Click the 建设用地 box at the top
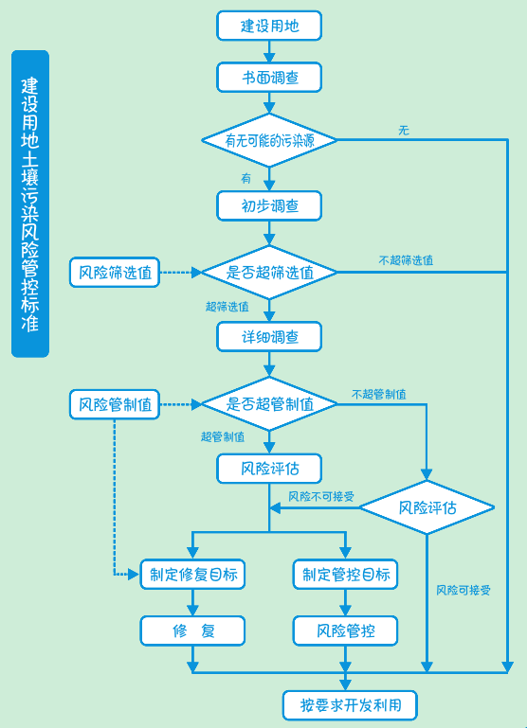[269, 26]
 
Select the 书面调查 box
[269, 78]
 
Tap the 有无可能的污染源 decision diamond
[269, 140]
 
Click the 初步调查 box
[269, 205]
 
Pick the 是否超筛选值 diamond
[269, 273]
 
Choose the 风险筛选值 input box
[114, 273]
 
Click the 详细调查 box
[269, 336]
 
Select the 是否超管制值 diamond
[269, 404]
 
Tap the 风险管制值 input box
[114, 404]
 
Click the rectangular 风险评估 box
[269, 469]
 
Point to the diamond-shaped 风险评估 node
[427, 508]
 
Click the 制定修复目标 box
[193, 574]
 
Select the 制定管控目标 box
[345, 574]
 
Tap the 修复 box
[193, 630]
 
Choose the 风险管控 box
[345, 630]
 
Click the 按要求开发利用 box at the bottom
[350, 705]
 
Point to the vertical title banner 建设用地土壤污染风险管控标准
[30, 204]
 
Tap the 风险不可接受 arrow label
[321, 496]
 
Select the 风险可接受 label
[463, 590]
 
